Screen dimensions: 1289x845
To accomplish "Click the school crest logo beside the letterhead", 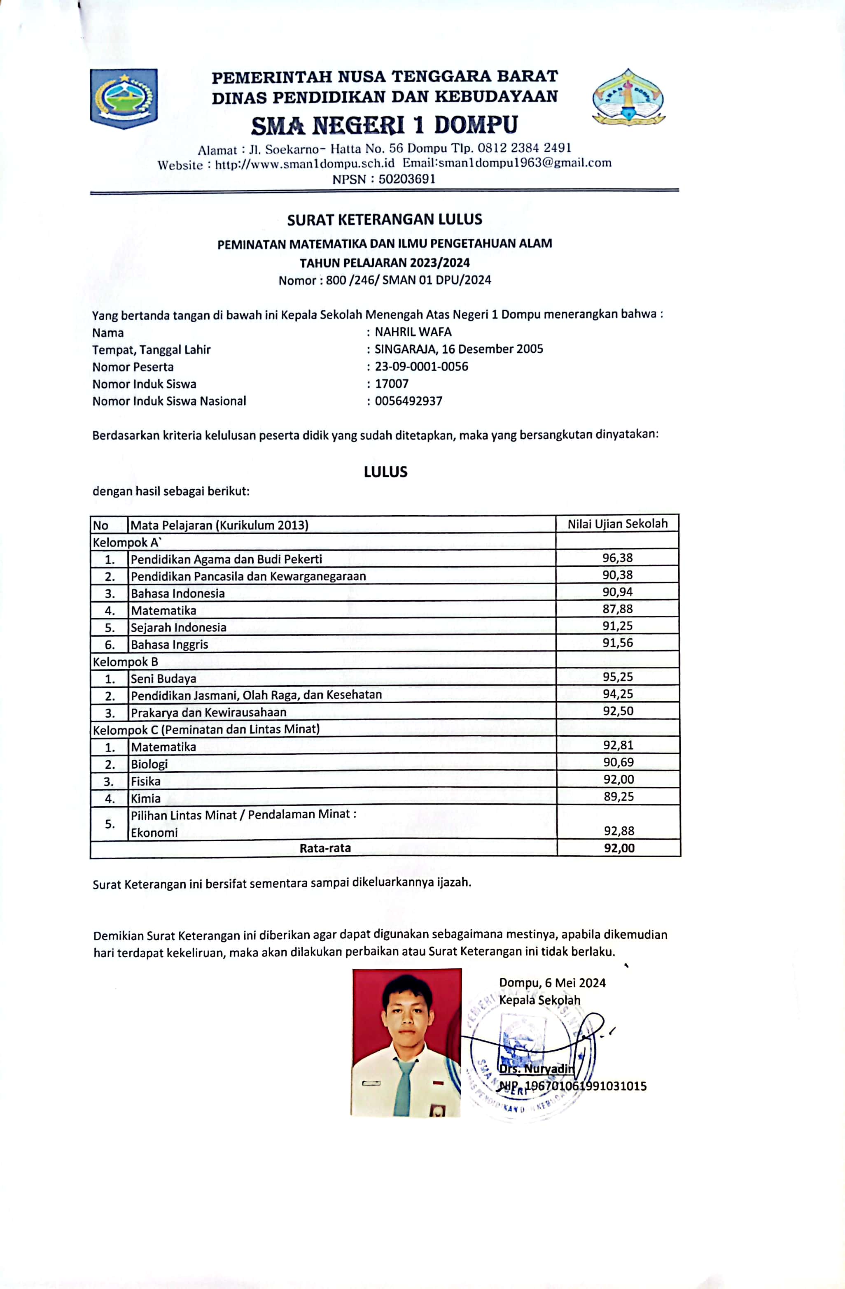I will pos(628,98).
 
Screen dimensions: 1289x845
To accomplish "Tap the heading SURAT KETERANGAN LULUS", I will pos(384,219).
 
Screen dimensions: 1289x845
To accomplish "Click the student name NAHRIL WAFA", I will pos(413,332).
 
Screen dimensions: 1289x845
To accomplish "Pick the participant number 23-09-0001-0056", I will pos(421,367).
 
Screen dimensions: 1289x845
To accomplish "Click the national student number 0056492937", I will pos(408,401).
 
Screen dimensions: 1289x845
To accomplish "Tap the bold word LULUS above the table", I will pos(385,472).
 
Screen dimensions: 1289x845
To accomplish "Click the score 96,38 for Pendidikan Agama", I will pos(617,558).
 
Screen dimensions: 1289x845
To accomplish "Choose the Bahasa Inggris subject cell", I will pos(169,644).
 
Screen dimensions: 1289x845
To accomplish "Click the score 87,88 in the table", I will pos(617,609).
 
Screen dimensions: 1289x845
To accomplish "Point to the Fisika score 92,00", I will pos(619,779).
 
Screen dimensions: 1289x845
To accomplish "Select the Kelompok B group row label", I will pos(125,662).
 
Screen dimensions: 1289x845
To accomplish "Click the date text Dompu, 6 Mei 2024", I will pos(552,983).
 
